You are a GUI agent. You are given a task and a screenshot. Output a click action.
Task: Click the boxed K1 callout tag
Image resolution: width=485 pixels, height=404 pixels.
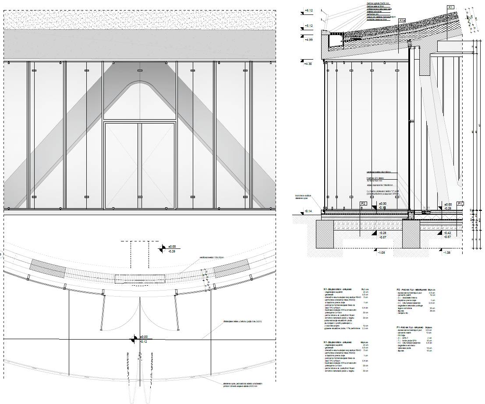451,7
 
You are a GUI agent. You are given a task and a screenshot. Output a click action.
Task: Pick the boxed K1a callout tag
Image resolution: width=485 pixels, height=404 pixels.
402,20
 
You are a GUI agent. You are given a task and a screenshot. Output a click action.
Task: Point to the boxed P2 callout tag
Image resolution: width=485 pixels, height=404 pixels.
363,204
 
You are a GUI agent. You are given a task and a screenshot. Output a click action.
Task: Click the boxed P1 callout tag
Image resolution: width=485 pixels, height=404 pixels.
460,204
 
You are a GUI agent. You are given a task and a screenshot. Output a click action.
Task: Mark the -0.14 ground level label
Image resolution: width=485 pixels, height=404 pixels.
308,212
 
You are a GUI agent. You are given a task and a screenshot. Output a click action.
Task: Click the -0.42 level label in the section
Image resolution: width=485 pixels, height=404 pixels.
447,233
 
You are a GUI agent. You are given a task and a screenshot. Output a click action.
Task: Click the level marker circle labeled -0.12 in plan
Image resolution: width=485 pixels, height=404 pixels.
133,338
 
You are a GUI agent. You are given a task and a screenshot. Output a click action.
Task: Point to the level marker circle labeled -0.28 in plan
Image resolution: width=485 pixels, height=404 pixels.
163,249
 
